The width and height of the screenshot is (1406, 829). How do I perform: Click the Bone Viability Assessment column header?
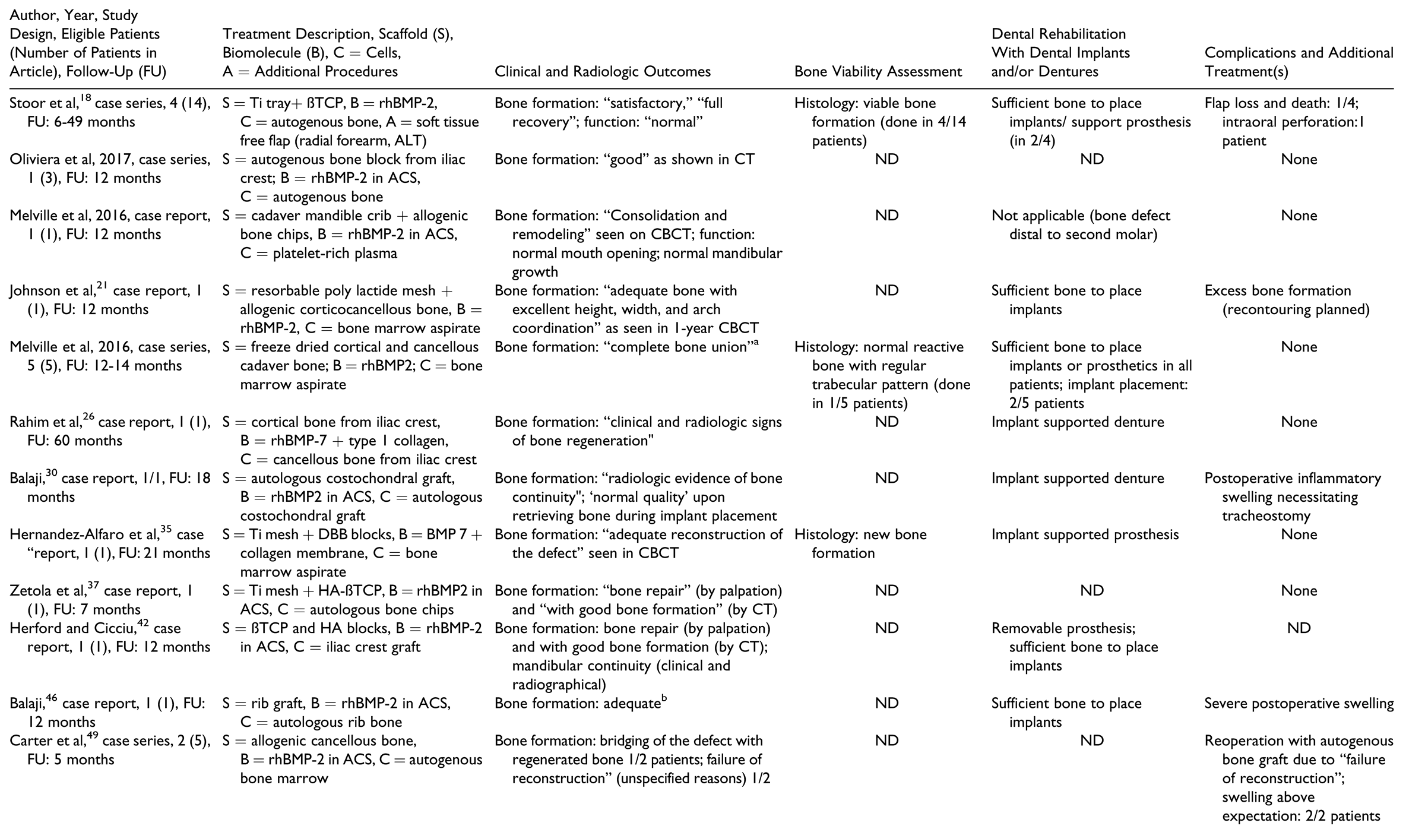(878, 72)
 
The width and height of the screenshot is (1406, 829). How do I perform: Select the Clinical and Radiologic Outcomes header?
(602, 72)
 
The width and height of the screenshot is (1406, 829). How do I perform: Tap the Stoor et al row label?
(110, 113)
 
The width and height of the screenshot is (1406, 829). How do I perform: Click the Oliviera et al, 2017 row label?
(110, 169)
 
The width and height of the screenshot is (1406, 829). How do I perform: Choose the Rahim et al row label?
(110, 431)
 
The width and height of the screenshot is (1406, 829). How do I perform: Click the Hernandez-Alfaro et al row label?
(110, 544)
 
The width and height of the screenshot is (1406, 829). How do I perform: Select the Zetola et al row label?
(101, 600)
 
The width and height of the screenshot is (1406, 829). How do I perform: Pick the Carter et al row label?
(110, 750)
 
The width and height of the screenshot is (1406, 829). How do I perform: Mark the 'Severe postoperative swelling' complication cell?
(1299, 704)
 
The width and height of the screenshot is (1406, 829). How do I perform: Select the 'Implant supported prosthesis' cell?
(1085, 534)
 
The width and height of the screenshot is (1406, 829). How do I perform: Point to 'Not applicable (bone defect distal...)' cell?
(1081, 225)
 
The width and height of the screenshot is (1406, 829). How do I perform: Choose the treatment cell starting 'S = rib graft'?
(337, 713)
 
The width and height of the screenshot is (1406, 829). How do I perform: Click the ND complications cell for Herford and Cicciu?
(1299, 628)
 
